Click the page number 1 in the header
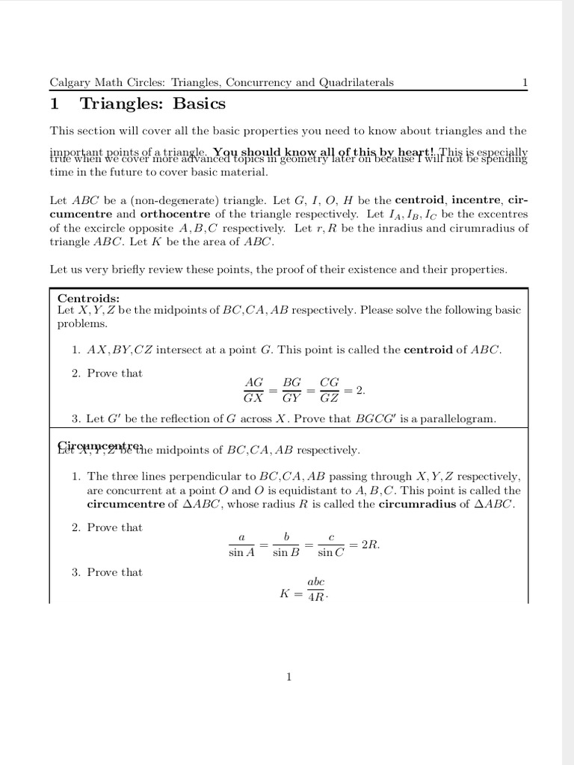coord(525,82)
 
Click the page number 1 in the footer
coord(288,677)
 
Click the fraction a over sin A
coord(241,545)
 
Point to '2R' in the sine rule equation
coord(370,545)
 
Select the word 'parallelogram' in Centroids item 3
coord(459,419)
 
